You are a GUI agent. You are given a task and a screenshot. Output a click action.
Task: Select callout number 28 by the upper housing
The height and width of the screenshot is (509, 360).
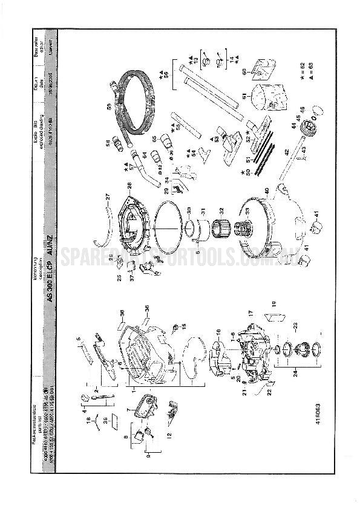(x=128, y=184)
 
